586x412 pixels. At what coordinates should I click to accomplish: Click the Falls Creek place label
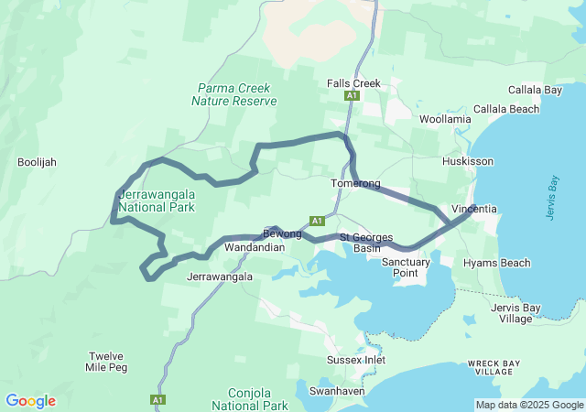(353, 83)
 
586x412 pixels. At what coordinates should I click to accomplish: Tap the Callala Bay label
(536, 91)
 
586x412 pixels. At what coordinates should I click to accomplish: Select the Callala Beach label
(537, 109)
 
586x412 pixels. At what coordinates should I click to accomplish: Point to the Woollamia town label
(445, 120)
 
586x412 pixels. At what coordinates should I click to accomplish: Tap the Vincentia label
(474, 209)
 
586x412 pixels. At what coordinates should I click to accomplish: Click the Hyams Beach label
(496, 264)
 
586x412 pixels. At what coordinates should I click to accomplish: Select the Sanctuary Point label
(406, 267)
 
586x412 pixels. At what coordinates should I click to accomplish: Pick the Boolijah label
(37, 162)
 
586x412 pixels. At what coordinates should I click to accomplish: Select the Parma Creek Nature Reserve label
(233, 94)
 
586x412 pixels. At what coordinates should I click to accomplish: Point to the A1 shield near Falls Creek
(352, 95)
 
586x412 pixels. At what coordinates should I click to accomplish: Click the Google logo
(30, 401)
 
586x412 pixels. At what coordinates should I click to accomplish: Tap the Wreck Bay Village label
(496, 368)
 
